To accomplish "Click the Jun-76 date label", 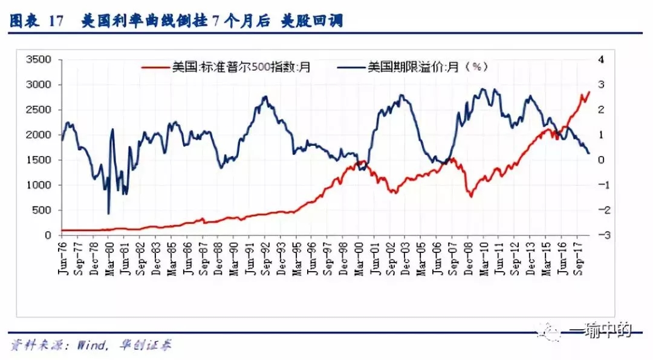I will (x=62, y=257).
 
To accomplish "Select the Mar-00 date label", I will (x=359, y=257).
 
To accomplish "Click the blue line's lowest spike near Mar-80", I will (x=108, y=214).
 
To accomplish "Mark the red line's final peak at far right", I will (x=588, y=92).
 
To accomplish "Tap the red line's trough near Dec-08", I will (x=471, y=197).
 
